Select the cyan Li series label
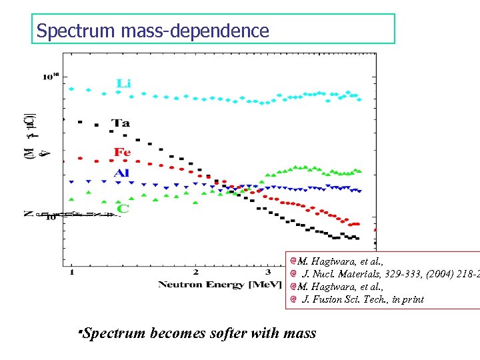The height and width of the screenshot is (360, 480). coord(124,83)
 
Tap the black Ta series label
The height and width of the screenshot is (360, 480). coord(121,123)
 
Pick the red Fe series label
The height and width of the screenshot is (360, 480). coord(122,152)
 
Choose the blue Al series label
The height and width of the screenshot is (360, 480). coord(121,173)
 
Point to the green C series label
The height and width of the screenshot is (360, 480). coord(123,209)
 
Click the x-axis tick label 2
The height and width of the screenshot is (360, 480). coord(195,271)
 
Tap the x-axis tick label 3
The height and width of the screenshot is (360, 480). coord(267,271)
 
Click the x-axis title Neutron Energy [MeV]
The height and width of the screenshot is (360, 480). coord(210,285)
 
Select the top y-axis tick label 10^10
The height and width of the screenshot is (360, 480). coord(51,77)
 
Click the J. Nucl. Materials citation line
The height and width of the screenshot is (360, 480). coord(391,274)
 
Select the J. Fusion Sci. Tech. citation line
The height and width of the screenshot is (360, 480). coord(363,299)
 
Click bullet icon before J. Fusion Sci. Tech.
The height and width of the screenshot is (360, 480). coord(293,299)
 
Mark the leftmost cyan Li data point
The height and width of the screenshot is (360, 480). coord(71,88)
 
